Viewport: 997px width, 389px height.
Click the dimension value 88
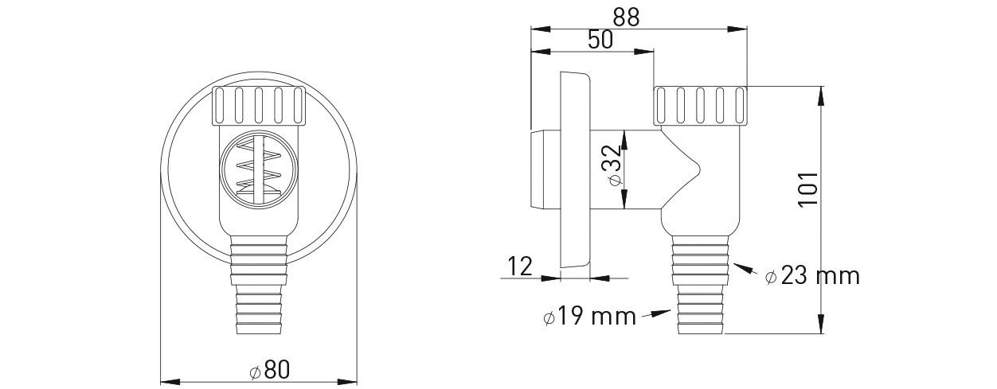626,18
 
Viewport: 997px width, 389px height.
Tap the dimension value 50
600,40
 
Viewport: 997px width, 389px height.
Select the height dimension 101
807,189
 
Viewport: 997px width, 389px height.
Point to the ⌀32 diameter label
614,166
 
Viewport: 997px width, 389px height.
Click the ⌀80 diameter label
270,370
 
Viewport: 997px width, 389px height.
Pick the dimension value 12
520,266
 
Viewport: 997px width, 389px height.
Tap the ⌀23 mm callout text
812,276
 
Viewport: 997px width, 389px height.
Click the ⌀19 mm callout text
590,317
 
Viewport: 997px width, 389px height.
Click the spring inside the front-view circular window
259,168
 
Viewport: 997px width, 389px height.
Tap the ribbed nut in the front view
259,105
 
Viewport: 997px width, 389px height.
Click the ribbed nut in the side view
701,105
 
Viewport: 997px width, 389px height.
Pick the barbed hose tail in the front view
259,285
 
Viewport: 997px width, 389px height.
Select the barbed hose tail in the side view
701,285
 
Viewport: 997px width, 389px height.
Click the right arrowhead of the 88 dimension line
737,29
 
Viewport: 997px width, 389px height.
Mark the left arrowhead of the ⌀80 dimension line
171,382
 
